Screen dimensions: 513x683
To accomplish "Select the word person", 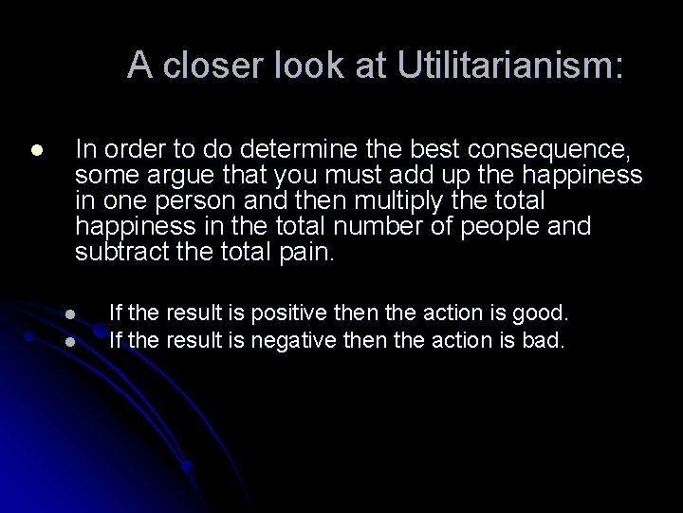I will click(x=232, y=202).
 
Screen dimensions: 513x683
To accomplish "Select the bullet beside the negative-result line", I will click(x=71, y=339).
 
